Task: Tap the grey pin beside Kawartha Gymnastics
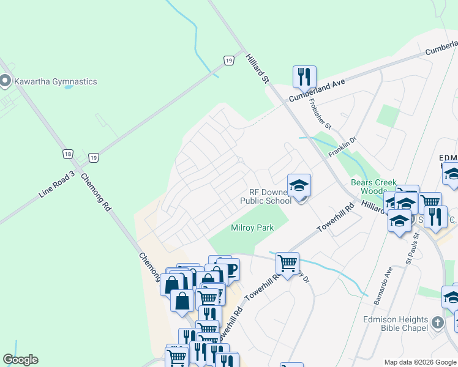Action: click(6, 80)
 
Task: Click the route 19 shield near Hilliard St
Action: click(228, 60)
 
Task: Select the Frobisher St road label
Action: click(320, 114)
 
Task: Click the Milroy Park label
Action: click(252, 228)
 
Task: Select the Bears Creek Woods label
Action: click(374, 187)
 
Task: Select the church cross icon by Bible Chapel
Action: click(437, 322)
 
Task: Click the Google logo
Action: click(20, 360)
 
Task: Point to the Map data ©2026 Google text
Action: click(420, 362)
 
